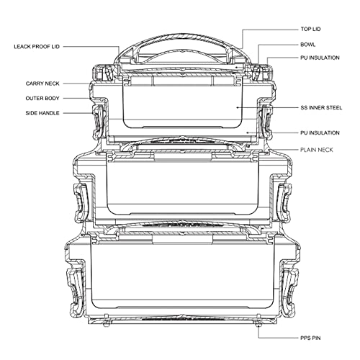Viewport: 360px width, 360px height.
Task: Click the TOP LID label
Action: pos(310,29)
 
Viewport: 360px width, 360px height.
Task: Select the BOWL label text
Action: pos(308,45)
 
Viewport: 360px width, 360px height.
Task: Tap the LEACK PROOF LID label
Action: pos(37,47)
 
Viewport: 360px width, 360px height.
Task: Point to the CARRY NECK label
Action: pos(42,84)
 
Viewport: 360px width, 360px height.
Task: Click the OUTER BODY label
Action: pos(42,99)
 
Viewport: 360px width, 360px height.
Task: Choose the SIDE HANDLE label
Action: pos(42,113)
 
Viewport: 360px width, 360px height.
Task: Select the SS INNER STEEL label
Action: pos(321,107)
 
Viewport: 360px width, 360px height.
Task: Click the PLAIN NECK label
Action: pos(317,150)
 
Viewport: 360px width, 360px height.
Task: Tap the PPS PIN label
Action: pos(310,338)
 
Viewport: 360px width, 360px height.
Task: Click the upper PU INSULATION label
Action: pos(320,58)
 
